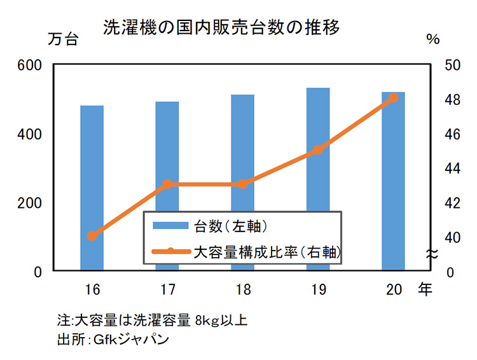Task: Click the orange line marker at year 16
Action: [x=92, y=236]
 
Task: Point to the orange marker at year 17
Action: [x=167, y=184]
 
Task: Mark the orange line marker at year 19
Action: [x=318, y=150]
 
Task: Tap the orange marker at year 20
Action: [x=393, y=98]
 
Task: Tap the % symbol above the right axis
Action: [x=433, y=39]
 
